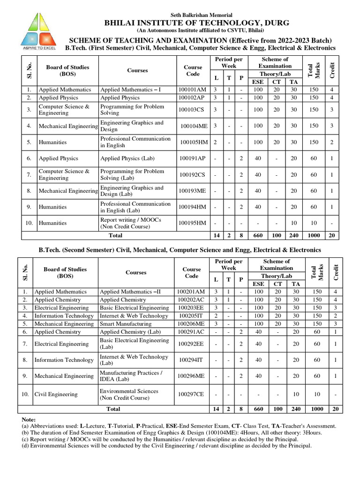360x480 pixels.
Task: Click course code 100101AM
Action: [x=192, y=89]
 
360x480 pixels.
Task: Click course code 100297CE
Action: [x=190, y=394]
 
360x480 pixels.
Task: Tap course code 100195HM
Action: [x=192, y=223]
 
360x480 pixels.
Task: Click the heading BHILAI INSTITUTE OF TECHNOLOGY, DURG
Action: [x=196, y=23]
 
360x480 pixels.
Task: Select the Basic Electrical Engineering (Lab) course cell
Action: [x=134, y=344]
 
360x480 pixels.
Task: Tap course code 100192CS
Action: [x=192, y=174]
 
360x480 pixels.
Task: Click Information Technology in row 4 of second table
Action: [x=64, y=315]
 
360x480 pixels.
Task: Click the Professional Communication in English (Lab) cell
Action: [x=135, y=207]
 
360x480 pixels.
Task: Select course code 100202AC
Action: [x=191, y=300]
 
